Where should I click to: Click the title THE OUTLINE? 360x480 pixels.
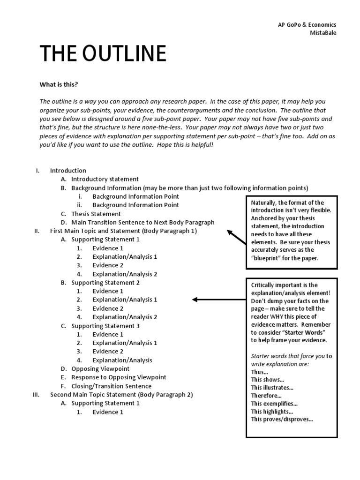[103, 54]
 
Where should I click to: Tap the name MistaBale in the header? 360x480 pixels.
[323, 33]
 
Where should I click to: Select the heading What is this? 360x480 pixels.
[59, 84]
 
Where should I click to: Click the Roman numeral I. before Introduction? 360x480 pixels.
[38, 171]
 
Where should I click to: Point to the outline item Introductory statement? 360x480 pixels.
[105, 179]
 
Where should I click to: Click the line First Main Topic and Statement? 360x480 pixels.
[123, 231]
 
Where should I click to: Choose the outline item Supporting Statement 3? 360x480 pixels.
[105, 326]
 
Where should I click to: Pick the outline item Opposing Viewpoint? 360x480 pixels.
[100, 369]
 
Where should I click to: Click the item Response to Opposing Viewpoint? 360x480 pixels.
[119, 377]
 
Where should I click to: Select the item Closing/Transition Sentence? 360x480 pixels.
[111, 386]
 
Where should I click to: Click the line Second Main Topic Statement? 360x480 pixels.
[121, 395]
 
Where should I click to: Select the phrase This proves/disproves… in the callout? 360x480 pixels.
[282, 420]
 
